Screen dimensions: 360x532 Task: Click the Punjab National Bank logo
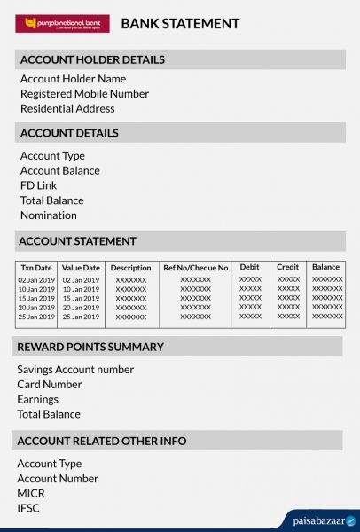[x=62, y=24]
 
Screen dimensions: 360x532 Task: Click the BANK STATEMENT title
[x=180, y=24]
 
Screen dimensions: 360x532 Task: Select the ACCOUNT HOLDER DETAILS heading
[x=92, y=59]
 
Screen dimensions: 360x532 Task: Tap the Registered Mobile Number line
[x=84, y=94]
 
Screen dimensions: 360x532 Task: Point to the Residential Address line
[x=67, y=109]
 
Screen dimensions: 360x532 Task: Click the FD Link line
[x=38, y=186]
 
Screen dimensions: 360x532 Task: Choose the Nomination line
[x=49, y=215]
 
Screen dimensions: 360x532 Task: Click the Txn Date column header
[x=36, y=267]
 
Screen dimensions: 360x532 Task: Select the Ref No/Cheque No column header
[x=195, y=267]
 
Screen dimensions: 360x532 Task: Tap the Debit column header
[x=250, y=267]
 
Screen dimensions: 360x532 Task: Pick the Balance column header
[x=325, y=267]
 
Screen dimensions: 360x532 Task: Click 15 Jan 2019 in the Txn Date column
[x=36, y=298]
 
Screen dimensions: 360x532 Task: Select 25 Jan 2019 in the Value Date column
[x=81, y=317]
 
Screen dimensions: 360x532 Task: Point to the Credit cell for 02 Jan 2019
[x=288, y=279]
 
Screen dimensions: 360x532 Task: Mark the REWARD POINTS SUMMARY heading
[x=90, y=347]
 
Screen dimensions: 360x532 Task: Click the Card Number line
[x=50, y=385]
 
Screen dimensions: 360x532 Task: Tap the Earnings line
[x=37, y=400]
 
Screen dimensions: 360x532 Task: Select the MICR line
[x=31, y=494]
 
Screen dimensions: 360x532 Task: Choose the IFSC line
[x=28, y=509]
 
